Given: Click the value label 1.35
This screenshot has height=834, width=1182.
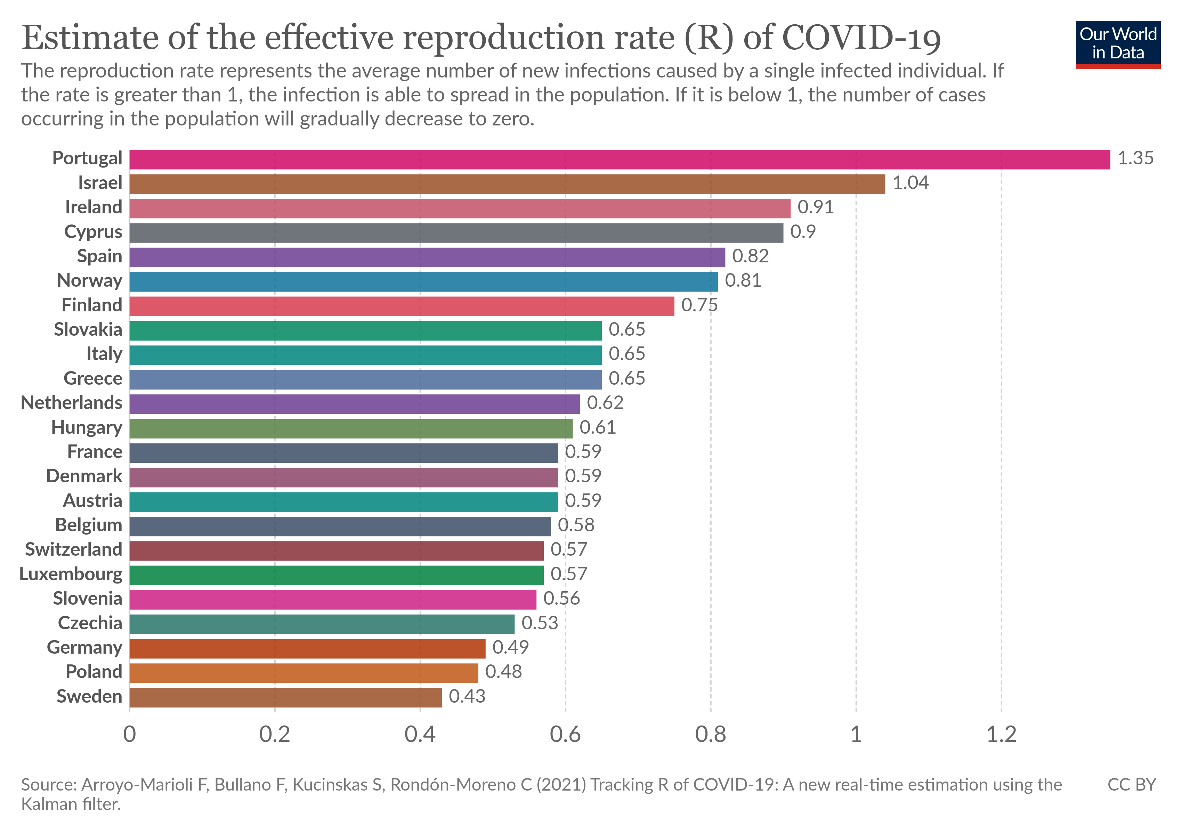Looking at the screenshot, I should click(1135, 158).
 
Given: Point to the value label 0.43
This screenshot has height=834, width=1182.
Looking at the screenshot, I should click(467, 696).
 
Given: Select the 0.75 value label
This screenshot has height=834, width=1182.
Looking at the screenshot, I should click(699, 305).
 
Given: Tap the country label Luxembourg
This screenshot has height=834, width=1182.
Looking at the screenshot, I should click(71, 574).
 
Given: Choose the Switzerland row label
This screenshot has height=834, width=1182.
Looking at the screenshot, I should click(74, 549).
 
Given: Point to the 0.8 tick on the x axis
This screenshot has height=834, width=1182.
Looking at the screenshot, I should click(711, 735).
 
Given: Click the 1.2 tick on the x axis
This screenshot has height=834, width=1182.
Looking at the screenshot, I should click(1001, 735).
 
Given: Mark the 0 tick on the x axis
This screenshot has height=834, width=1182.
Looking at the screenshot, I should click(130, 735).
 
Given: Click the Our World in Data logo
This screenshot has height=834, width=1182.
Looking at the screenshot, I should click(1118, 44).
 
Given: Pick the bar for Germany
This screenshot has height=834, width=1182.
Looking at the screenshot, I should click(307, 649).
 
